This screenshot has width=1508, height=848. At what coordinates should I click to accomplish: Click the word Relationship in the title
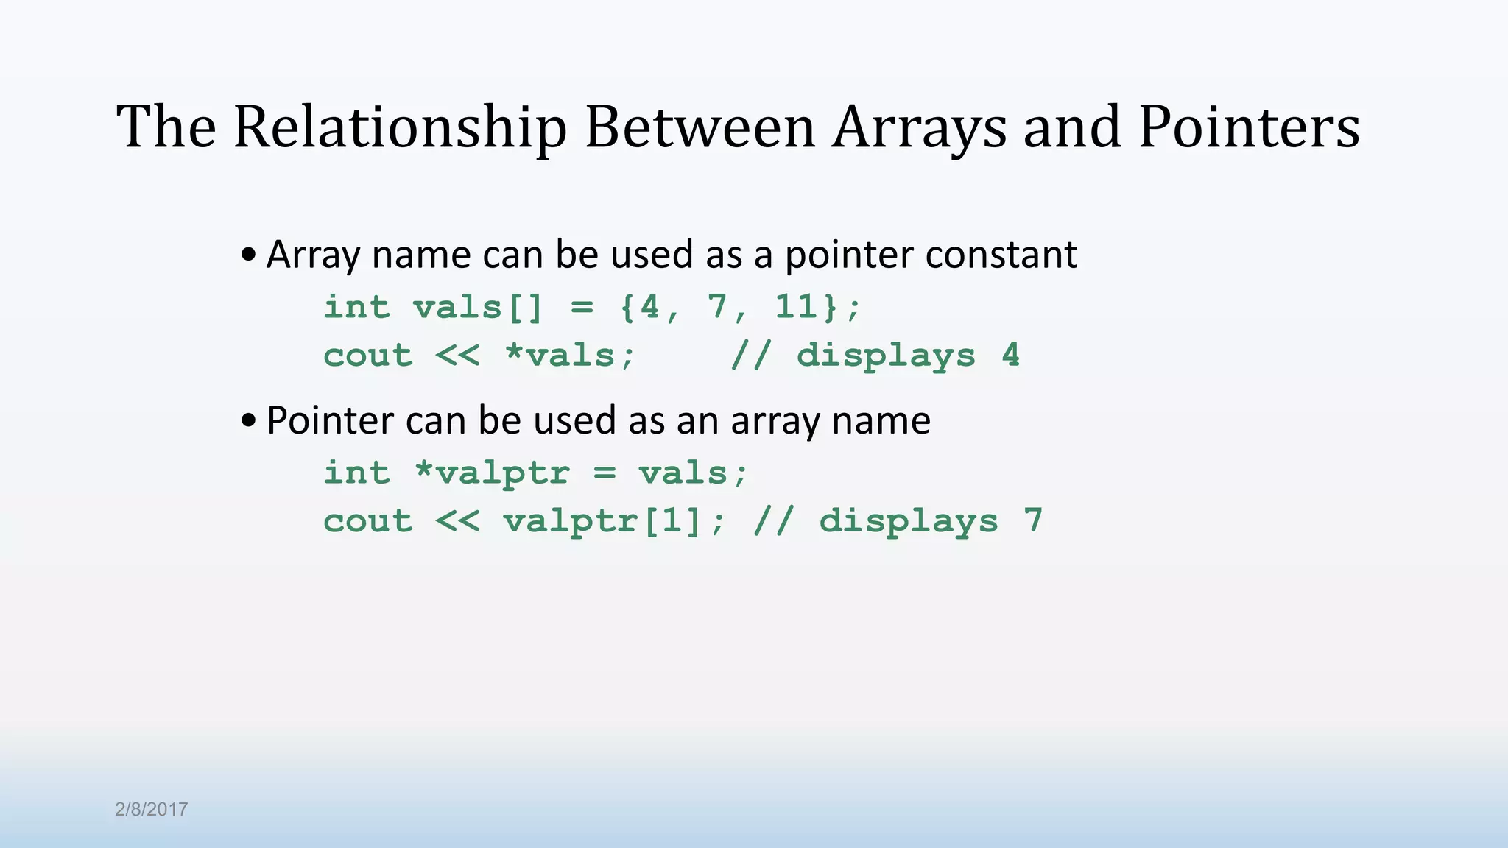(x=400, y=128)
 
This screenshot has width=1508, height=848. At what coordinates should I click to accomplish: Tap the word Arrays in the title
(x=920, y=128)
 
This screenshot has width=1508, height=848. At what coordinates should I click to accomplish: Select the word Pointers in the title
(x=1249, y=128)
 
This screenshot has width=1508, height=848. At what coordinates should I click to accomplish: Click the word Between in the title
(x=700, y=128)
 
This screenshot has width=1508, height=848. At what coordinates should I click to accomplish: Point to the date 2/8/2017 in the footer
(x=152, y=809)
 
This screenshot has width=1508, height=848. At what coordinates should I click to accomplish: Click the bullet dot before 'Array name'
(x=249, y=255)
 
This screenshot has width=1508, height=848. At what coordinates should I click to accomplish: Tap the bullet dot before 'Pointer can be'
(x=249, y=421)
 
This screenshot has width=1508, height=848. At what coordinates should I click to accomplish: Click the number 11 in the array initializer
(x=796, y=306)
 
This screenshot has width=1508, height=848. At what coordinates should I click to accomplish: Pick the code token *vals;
(x=570, y=356)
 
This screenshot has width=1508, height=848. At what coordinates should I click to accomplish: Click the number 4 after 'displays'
(x=1011, y=356)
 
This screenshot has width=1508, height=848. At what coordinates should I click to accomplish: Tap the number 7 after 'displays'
(x=1033, y=521)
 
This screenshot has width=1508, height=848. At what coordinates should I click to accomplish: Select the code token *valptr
(x=492, y=473)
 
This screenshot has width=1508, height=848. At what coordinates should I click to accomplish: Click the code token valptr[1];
(x=614, y=521)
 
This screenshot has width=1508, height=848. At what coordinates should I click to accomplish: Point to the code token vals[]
(x=478, y=306)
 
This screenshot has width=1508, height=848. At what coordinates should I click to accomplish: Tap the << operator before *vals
(x=457, y=356)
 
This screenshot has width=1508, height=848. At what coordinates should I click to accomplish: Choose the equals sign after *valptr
(x=604, y=473)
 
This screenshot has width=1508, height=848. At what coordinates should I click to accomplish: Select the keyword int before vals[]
(x=356, y=306)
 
